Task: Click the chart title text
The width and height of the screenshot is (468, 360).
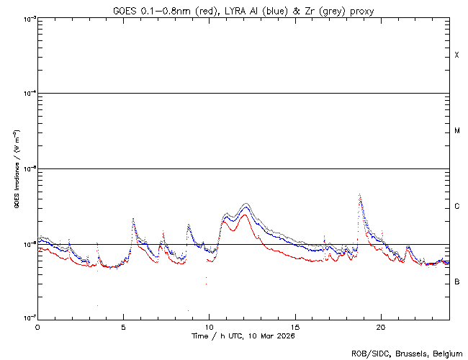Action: pos(243,11)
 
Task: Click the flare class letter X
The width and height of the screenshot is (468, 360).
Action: pos(456,55)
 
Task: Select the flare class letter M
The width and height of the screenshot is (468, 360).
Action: pos(456,131)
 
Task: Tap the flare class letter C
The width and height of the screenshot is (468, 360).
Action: pos(456,207)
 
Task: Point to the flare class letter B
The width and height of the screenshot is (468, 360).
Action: pos(456,282)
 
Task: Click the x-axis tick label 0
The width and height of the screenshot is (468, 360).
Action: pos(37,326)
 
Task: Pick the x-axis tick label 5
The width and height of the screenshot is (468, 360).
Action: pos(123,326)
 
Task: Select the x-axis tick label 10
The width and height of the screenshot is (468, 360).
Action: pos(209,326)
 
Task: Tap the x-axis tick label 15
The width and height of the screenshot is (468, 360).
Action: pos(294,326)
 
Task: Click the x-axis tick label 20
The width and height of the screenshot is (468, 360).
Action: pos(380,326)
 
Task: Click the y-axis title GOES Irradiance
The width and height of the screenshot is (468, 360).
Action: pos(16,169)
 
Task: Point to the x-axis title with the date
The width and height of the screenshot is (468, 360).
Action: pos(243,336)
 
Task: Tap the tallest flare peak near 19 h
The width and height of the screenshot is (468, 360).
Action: pos(359,194)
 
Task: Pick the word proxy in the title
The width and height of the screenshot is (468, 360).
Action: pos(362,11)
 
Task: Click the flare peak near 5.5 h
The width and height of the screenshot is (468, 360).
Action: pos(133,218)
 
